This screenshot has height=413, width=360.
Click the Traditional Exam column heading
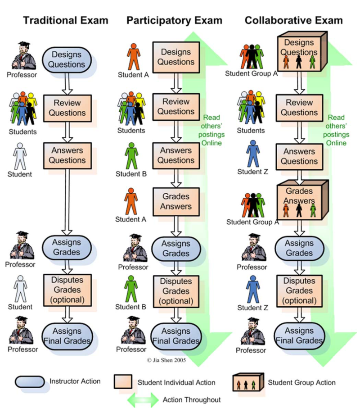[66, 20]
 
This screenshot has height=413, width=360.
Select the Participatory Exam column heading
[174, 20]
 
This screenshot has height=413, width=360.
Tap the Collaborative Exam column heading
[293, 20]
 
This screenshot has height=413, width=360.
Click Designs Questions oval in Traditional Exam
[67, 59]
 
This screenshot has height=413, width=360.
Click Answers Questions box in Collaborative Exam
[299, 156]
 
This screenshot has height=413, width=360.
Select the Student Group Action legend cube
[247, 383]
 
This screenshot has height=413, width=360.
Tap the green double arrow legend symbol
[143, 399]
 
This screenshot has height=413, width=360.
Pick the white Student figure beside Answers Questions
[19, 156]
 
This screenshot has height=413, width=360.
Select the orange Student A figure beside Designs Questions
[134, 56]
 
